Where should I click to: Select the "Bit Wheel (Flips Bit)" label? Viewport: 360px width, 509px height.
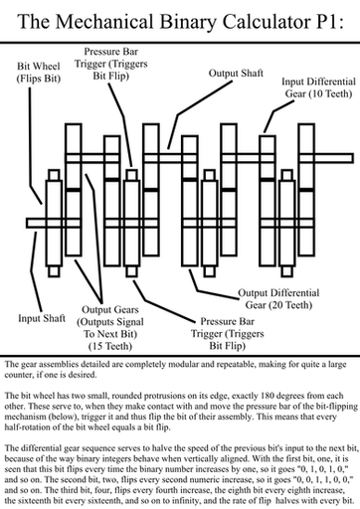[39, 73]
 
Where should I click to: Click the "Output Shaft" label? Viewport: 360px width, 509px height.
[236, 73]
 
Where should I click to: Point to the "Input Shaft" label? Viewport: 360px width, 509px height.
[42, 318]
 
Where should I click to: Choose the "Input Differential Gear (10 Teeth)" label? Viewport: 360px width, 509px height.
[318, 87]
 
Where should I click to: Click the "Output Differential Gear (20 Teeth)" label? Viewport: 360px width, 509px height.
[278, 299]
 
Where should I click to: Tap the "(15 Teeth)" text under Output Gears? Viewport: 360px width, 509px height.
[110, 346]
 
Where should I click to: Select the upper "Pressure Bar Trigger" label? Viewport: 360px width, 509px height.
[111, 64]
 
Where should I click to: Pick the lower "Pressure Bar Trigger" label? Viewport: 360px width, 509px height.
[228, 333]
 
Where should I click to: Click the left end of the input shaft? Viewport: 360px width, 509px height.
[27, 223]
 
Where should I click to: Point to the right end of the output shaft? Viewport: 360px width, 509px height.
[353, 158]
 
